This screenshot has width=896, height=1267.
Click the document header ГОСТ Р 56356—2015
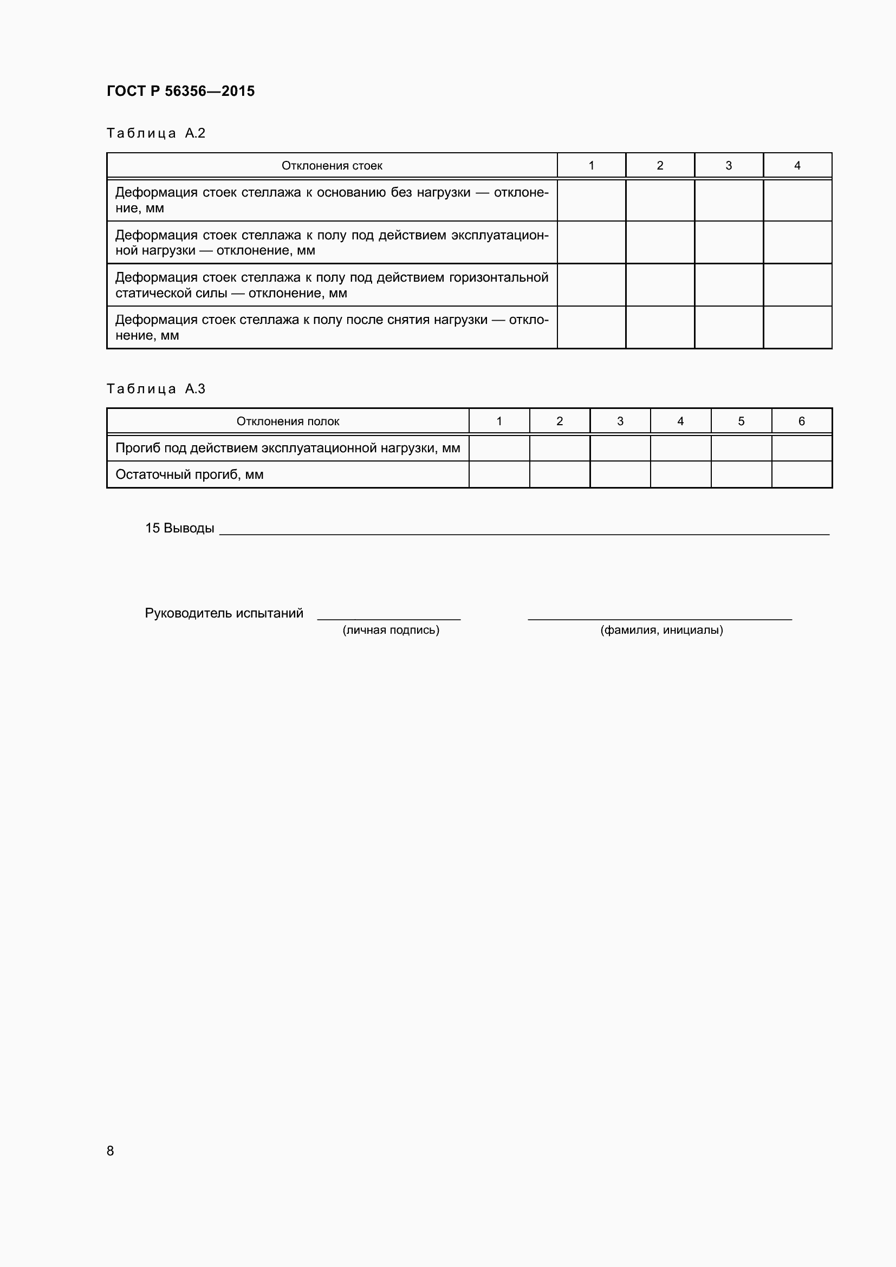[x=180, y=91]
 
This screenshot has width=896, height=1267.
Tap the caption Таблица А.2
[x=155, y=133]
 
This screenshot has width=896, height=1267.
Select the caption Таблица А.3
[x=155, y=389]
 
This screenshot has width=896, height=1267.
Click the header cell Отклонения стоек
[x=332, y=166]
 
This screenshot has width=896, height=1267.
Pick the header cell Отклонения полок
[x=288, y=421]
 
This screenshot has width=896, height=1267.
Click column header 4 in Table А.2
[x=797, y=166]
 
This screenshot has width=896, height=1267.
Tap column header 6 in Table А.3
[x=801, y=421]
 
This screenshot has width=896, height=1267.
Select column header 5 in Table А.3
[x=741, y=421]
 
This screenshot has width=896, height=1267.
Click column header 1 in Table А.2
[x=591, y=166]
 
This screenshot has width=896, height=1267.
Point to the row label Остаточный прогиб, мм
[x=189, y=475]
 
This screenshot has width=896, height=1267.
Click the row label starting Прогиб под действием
[x=288, y=448]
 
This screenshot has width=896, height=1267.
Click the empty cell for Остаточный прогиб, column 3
[x=620, y=475]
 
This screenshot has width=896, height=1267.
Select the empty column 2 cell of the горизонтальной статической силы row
[x=659, y=285]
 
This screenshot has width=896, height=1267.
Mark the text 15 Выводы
[x=179, y=529]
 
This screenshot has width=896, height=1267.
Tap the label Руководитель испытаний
[x=224, y=614]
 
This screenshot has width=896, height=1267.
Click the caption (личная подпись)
[x=391, y=630]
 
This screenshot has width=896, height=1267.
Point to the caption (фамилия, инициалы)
[x=661, y=630]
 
